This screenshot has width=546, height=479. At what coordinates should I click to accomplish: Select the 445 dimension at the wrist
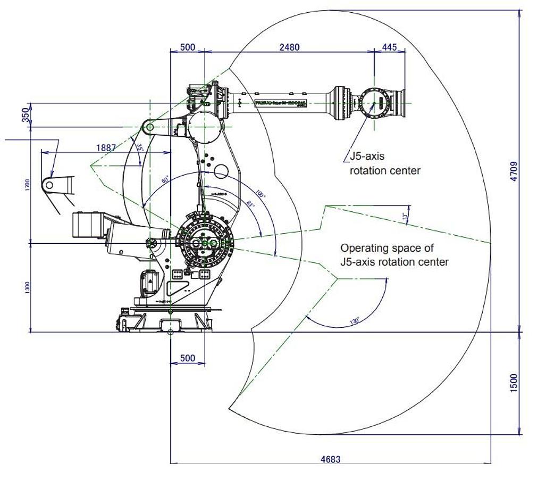point(389,47)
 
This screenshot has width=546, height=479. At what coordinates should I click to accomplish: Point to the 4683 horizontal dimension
point(330,459)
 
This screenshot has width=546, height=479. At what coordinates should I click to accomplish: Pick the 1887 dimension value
point(106,148)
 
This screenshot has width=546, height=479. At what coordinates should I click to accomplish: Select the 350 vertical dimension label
point(25,115)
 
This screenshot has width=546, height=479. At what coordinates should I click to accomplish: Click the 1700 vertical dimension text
point(28,185)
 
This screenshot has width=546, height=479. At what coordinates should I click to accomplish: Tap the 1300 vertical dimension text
point(28,287)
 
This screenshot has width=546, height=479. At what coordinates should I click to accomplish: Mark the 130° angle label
point(354,320)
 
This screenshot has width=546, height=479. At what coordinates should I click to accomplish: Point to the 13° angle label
point(405,217)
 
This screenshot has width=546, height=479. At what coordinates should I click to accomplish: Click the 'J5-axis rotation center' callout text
point(384,163)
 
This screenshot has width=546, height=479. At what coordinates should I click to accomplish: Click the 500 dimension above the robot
point(187,47)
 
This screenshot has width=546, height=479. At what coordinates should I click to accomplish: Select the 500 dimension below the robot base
point(187,358)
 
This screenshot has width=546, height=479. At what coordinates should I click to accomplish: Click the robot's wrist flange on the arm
point(402,103)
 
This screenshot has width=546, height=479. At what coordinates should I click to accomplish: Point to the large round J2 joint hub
point(205,243)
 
